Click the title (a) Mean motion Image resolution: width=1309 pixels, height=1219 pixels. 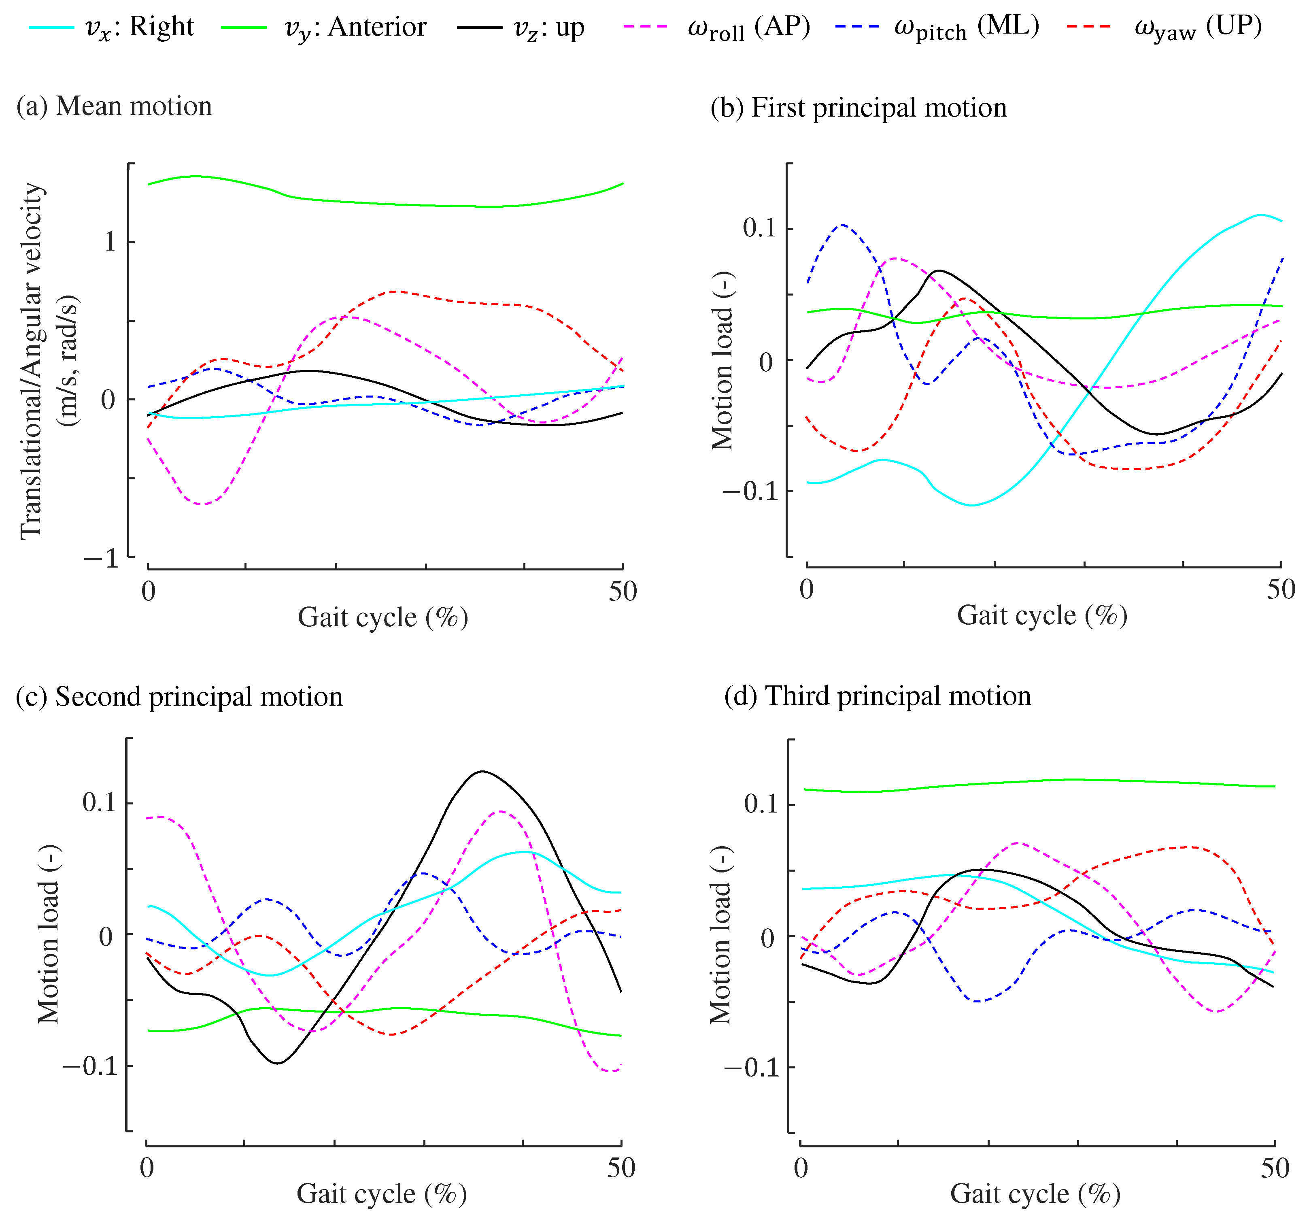114,106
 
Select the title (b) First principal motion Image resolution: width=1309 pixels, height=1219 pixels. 858,107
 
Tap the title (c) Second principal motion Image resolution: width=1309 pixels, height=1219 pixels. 179,697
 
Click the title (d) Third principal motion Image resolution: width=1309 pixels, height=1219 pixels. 877,696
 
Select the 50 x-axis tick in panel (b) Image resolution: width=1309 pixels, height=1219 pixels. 1280,589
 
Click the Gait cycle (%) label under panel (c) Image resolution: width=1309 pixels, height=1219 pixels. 382,1194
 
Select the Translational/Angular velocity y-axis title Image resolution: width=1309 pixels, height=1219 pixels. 32,360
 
